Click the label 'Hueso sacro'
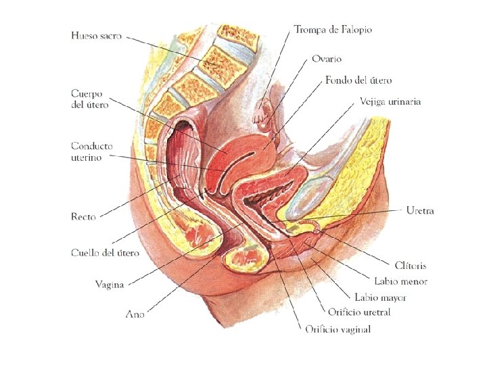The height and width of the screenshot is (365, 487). coord(96,35)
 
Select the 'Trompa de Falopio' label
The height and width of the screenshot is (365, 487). coord(333,30)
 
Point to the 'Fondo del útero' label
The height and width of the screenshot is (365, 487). coord(358,80)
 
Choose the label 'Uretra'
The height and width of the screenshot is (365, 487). coord(420,211)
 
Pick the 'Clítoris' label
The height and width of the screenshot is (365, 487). coord(411,266)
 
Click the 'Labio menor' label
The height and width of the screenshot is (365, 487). coord(400,281)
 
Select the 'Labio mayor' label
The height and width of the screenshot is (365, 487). coord(380,297)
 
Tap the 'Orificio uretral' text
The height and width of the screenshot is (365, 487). coord(359,312)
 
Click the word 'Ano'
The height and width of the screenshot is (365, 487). coord(135,314)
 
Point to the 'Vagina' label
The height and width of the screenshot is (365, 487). coord(110,284)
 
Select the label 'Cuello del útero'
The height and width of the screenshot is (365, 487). coord(105,253)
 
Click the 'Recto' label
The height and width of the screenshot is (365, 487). coord(83,217)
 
